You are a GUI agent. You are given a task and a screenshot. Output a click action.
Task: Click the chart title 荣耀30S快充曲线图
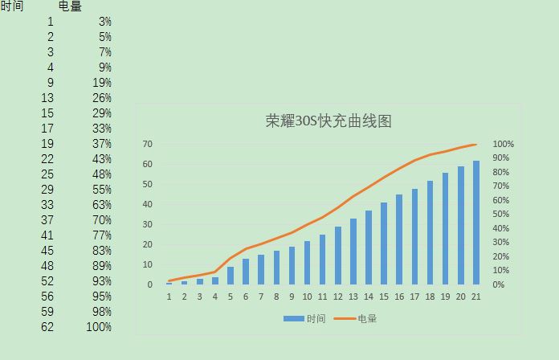[x=328, y=121]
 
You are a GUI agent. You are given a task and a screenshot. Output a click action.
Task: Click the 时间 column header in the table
[x=12, y=6]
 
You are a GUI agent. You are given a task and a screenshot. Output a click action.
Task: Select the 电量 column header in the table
[x=71, y=6]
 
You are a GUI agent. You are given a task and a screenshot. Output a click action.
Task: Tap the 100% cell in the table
[x=98, y=327]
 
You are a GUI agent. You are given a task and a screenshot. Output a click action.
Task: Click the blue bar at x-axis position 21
[x=476, y=223]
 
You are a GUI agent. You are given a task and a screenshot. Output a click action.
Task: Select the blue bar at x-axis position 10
[x=307, y=263]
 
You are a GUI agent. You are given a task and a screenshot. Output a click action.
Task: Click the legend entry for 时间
[x=304, y=319]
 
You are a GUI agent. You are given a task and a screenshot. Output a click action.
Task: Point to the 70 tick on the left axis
[x=148, y=144]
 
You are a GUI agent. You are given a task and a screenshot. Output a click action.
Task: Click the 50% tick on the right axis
[x=504, y=215]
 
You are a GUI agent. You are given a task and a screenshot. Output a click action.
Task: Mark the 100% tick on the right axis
[x=504, y=144]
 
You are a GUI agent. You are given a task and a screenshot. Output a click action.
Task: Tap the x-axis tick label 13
[x=353, y=297]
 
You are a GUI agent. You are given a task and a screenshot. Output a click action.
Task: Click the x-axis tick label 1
[x=169, y=297]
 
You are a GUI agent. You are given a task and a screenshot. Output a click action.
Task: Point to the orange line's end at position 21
[x=476, y=145]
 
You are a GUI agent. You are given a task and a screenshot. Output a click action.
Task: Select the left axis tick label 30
[x=148, y=224]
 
